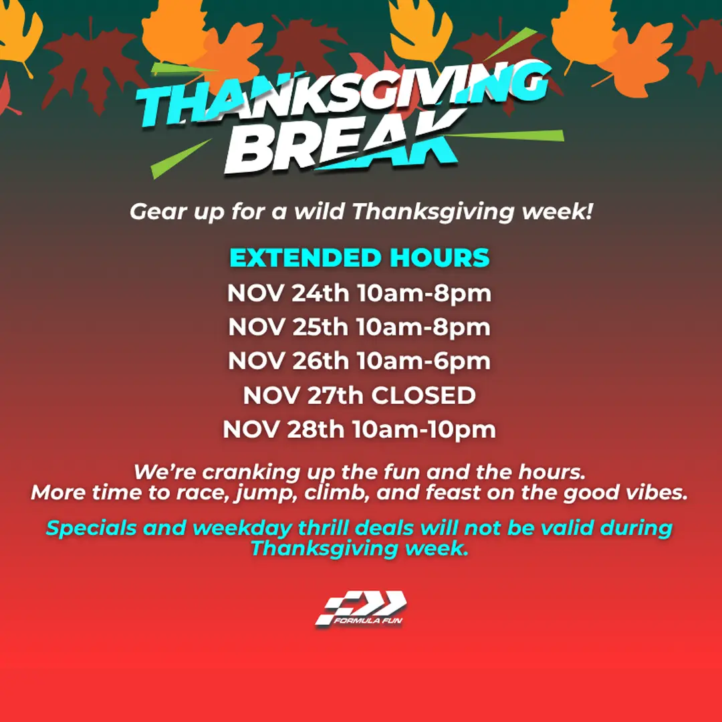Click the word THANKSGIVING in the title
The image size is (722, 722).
[x=343, y=94]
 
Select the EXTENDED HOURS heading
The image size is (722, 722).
[x=359, y=257]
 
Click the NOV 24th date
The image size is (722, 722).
[x=288, y=293]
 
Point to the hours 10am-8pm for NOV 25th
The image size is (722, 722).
[x=423, y=328]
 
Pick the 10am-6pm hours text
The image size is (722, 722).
[x=424, y=361]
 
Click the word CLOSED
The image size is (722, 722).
[x=423, y=396]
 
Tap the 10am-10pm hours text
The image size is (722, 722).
[x=424, y=430]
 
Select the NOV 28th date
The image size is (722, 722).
[x=283, y=430]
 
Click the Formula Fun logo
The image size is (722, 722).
[x=360, y=608]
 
